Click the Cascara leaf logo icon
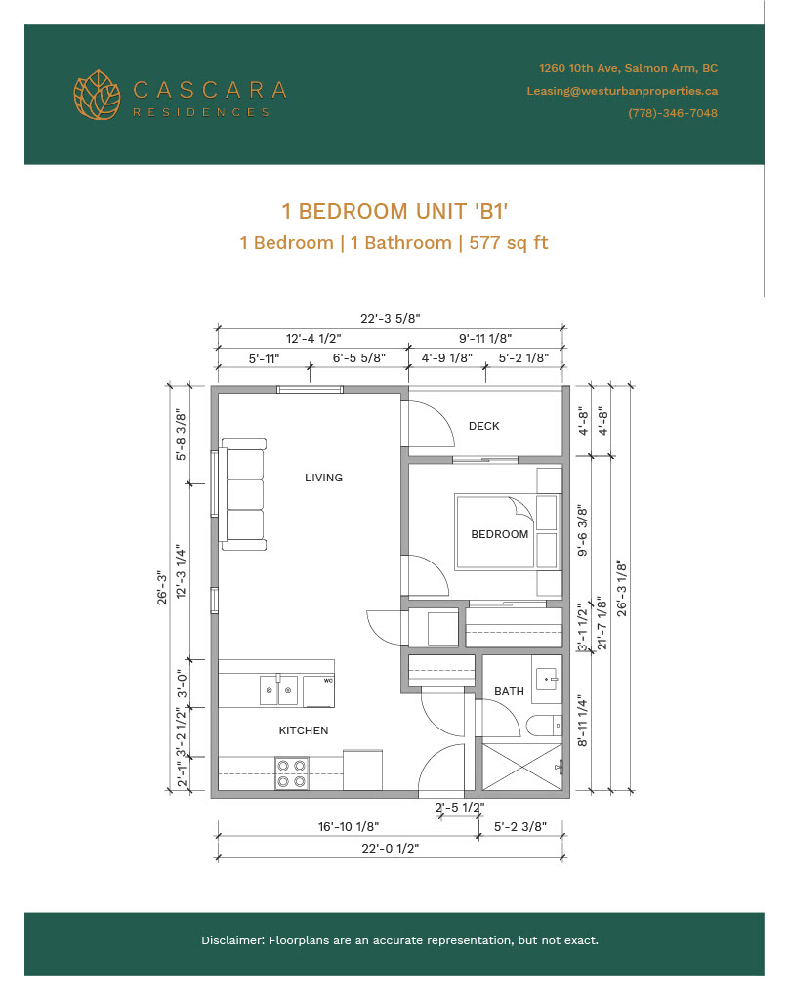[97, 95]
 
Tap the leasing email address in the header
[622, 91]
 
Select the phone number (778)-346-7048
[672, 113]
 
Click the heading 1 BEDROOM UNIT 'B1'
[394, 211]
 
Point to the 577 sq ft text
[509, 243]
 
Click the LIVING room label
[323, 477]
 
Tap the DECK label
[484, 426]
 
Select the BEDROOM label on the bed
[499, 534]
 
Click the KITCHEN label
[304, 730]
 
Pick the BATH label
[509, 691]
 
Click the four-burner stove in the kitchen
[292, 773]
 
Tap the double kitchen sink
[278, 690]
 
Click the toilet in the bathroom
[544, 726]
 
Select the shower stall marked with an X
[522, 768]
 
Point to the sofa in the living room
[243, 494]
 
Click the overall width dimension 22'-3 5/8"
[390, 318]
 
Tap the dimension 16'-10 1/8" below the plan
[349, 826]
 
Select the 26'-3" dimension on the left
[162, 588]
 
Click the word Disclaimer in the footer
[232, 940]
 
